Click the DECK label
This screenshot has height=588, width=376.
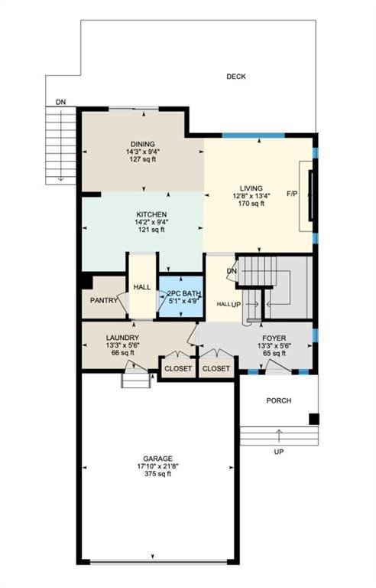[x=236, y=77]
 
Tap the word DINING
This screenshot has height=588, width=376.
[x=143, y=144]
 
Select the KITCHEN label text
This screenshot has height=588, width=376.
[x=151, y=214]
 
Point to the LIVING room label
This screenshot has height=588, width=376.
[x=251, y=188]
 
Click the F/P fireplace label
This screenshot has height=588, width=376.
[x=292, y=194]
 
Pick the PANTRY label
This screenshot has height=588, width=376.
[x=104, y=300]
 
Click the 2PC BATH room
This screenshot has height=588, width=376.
[x=181, y=296]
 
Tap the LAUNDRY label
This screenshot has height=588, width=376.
[x=122, y=338]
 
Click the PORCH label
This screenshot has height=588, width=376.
[x=279, y=400]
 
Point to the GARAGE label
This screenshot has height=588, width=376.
[x=157, y=459]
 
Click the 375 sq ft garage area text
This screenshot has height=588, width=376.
[x=157, y=474]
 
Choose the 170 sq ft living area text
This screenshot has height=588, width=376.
[x=251, y=204]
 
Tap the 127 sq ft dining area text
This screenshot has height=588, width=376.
[x=143, y=159]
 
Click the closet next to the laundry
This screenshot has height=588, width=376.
[x=178, y=368]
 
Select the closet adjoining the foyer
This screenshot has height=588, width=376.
[x=216, y=368]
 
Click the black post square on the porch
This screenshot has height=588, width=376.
[x=314, y=420]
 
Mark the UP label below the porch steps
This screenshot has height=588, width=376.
[x=279, y=452]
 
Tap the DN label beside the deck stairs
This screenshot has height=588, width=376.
[x=60, y=102]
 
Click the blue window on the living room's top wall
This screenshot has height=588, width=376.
[x=254, y=136]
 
